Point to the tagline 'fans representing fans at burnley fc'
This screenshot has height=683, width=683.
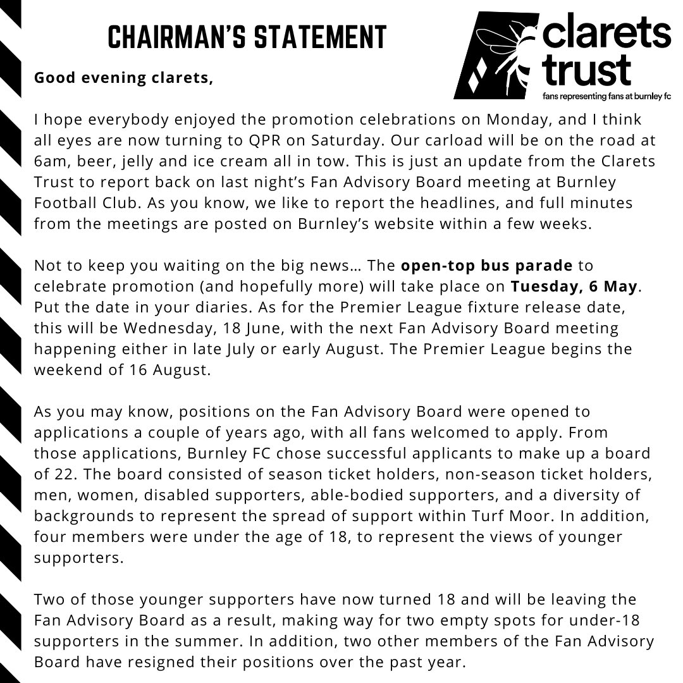[x=606, y=97]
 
